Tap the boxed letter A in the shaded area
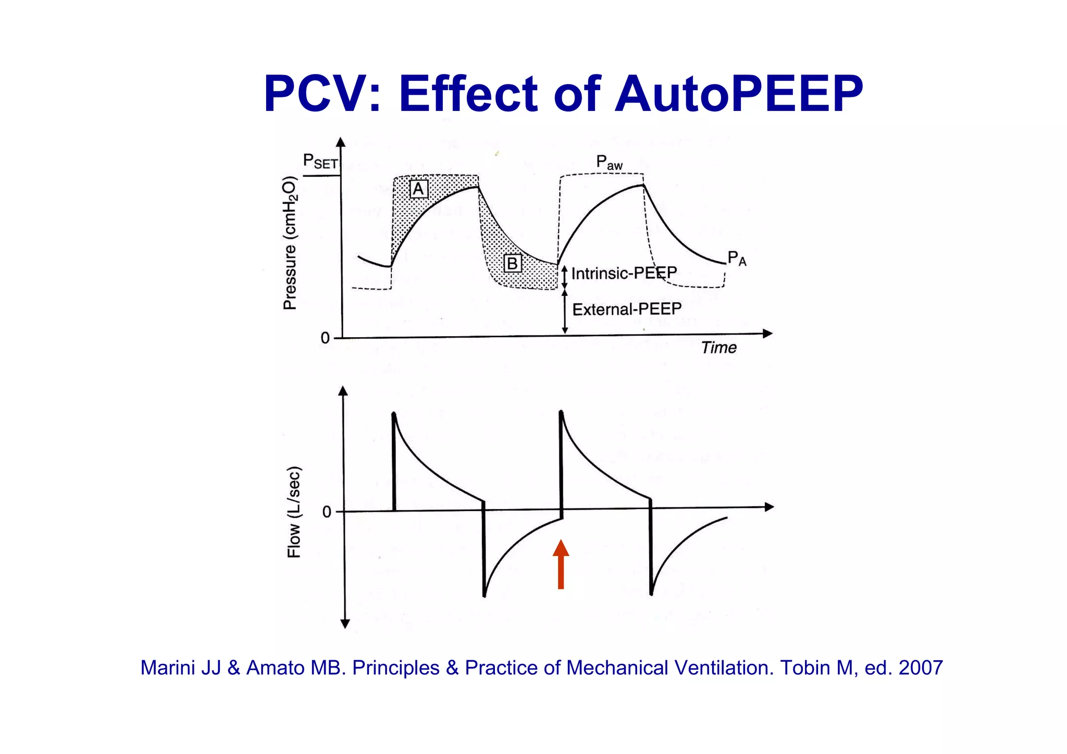tap(418, 189)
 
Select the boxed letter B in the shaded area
tap(512, 263)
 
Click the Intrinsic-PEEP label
tap(624, 273)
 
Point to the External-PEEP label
tap(627, 310)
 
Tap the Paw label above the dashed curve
tap(609, 163)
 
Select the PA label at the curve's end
tap(737, 258)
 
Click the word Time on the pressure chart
tap(718, 348)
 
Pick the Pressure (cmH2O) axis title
tap(290, 243)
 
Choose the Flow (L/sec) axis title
tap(294, 512)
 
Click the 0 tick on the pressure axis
tap(325, 338)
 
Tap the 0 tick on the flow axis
tap(327, 512)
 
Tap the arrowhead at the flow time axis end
tap(769, 506)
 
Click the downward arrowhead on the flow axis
tap(344, 624)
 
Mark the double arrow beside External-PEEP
tap(565, 312)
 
